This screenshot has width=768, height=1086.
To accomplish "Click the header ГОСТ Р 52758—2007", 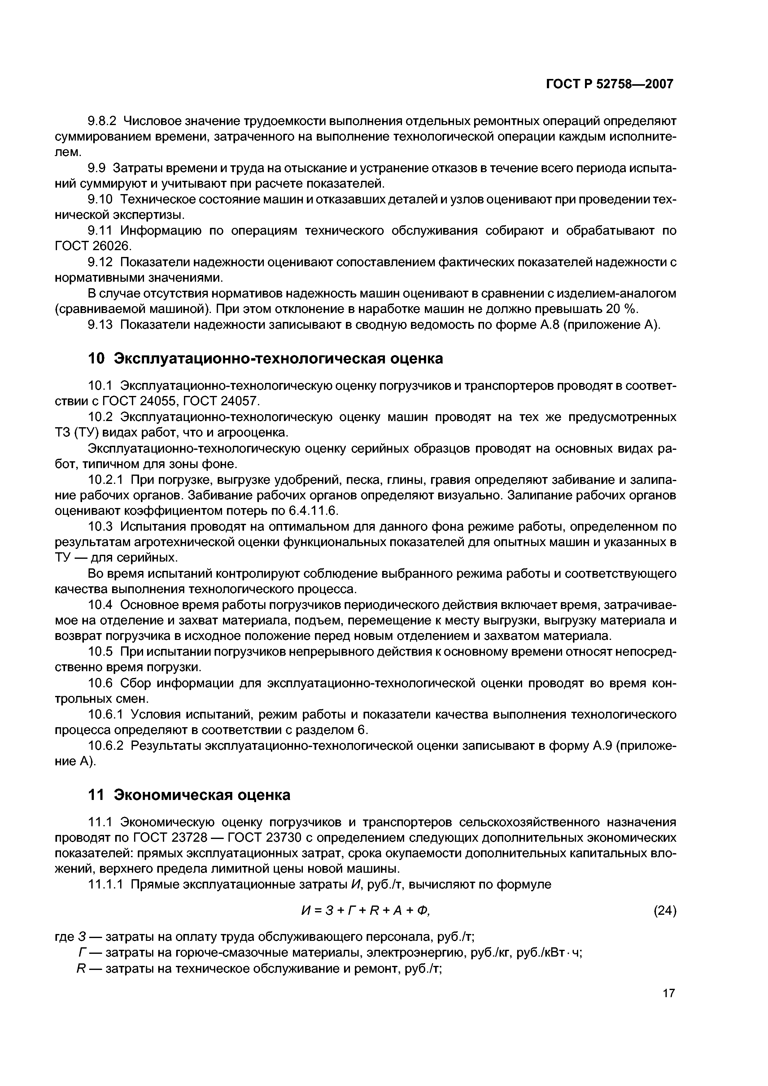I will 609,84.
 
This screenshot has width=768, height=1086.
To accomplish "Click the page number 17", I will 669,1006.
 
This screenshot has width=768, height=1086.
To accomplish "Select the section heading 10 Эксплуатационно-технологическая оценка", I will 265,358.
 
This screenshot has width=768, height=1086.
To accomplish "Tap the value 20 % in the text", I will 621,309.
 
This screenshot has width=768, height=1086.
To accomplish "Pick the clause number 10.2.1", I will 106,480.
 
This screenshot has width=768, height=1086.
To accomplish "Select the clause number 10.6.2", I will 106,746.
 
